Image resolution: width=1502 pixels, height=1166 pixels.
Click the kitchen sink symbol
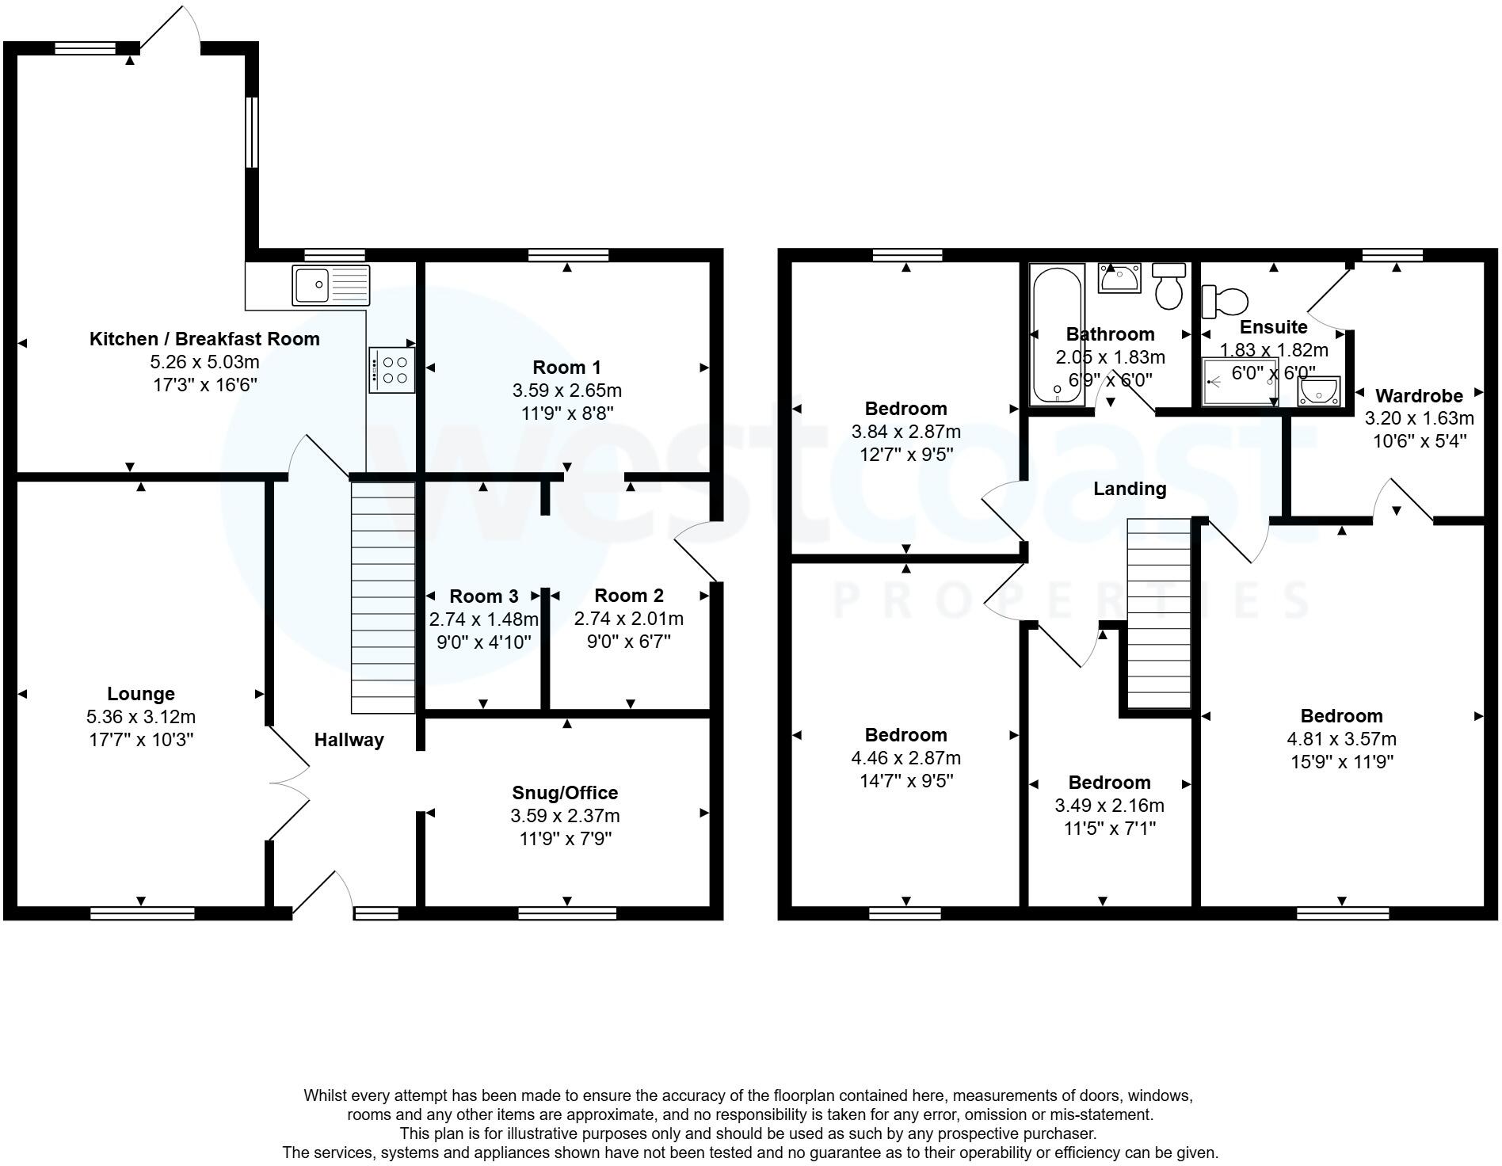[x=330, y=286]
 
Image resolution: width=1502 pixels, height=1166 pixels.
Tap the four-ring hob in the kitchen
[x=391, y=370]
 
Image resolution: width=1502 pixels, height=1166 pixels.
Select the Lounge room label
[x=141, y=694]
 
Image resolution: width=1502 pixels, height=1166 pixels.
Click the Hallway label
[x=349, y=740]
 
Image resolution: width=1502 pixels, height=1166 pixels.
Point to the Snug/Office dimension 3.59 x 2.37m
[x=565, y=816]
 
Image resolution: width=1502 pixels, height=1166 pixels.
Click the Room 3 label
[x=483, y=596]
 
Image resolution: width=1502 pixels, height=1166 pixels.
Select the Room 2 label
[x=629, y=596]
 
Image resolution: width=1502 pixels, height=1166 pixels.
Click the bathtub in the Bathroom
[x=1057, y=335]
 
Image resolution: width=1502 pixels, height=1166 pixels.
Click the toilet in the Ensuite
[x=1225, y=301]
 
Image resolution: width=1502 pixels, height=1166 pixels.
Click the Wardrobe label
[x=1419, y=395]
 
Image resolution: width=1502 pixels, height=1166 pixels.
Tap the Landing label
[x=1130, y=489]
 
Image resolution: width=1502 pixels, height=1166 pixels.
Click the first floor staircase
[x=1159, y=614]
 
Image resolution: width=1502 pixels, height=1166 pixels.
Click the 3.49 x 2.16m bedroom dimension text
[x=1109, y=806]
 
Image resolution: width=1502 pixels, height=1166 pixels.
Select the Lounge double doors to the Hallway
[x=287, y=783]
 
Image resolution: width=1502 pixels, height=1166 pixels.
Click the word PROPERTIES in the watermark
[x=1069, y=600]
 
